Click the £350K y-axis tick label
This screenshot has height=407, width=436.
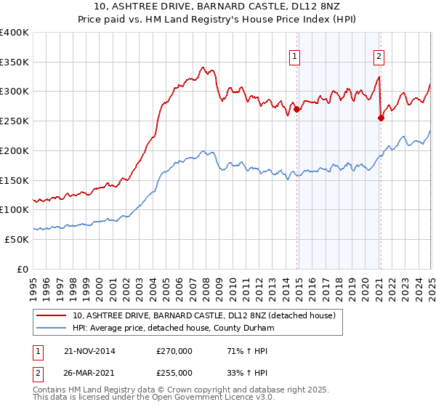tap(15, 62)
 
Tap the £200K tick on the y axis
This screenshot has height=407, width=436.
tap(15, 150)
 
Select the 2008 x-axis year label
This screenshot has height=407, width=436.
tap(206, 286)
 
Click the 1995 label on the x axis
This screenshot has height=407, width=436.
tap(33, 286)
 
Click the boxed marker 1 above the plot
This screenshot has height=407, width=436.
tap(294, 55)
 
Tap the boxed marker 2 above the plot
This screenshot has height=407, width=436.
tap(379, 55)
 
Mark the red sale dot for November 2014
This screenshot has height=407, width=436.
tap(297, 110)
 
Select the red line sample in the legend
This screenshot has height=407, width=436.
tap(52, 315)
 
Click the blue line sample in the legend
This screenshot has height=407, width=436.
tap(52, 328)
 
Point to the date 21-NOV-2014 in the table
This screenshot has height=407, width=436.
tap(89, 351)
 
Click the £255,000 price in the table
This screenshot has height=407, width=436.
tap(174, 372)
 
